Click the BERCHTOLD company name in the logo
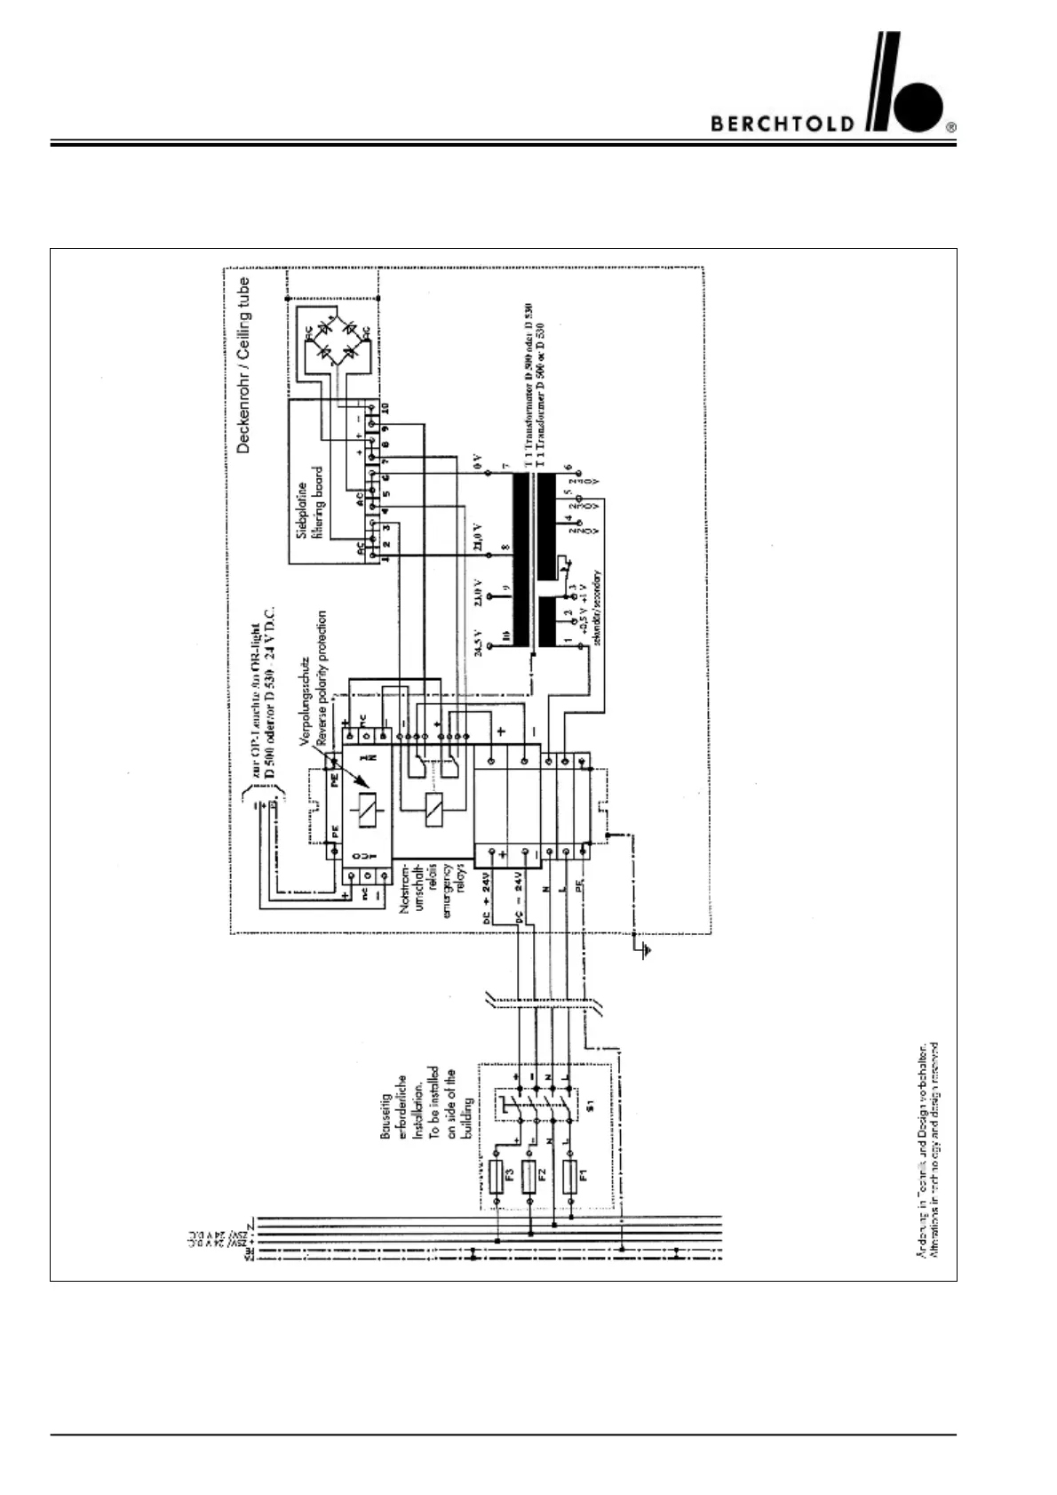pos(782,124)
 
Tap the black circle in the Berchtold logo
pos(918,107)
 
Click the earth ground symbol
pos(647,950)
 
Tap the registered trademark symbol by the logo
pos(951,127)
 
